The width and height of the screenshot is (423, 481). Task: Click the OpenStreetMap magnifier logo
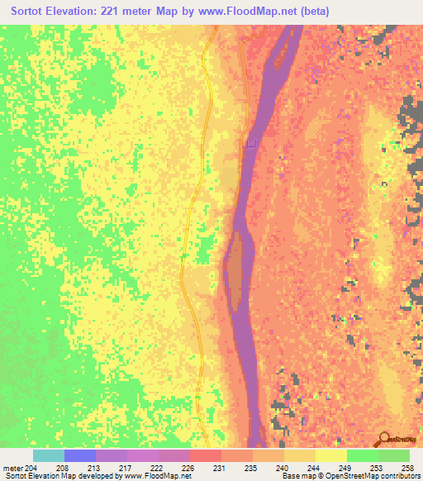pyautogui.click(x=383, y=438)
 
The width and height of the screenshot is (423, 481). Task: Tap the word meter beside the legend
pyautogui.click(x=12, y=469)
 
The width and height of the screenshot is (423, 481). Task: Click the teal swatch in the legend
pyautogui.click(x=48, y=455)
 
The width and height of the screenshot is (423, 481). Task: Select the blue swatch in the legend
pyautogui.click(x=79, y=455)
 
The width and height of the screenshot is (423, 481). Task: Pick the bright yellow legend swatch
pyautogui.click(x=330, y=455)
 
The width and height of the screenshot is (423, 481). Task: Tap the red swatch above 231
pyautogui.click(x=205, y=455)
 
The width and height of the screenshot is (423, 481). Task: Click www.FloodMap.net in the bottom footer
pyautogui.click(x=154, y=477)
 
